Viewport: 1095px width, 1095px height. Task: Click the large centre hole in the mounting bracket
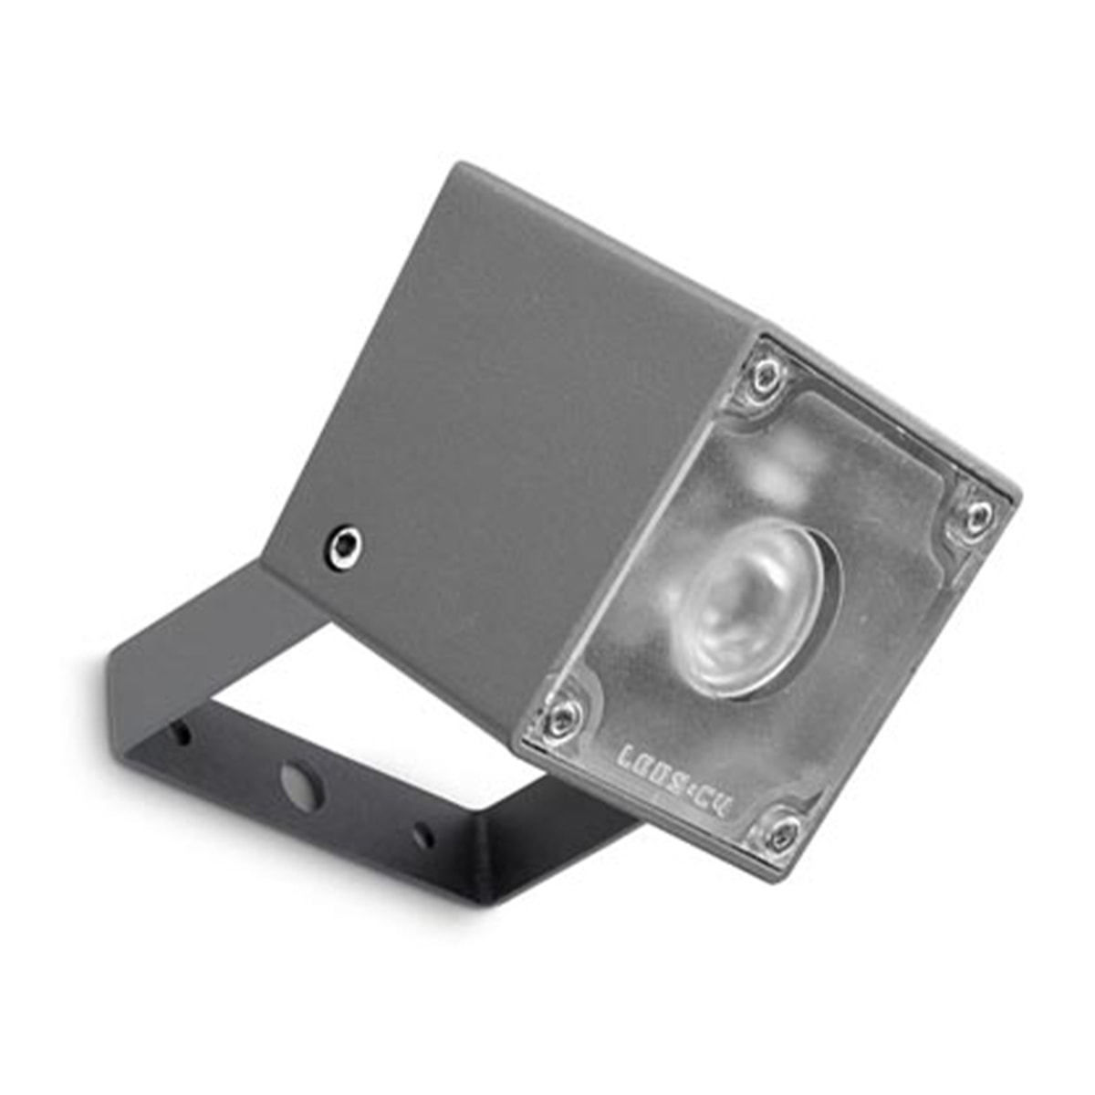click(301, 786)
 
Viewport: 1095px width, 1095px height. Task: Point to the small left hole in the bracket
click(182, 733)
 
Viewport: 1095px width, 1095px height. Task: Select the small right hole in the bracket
click(422, 834)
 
